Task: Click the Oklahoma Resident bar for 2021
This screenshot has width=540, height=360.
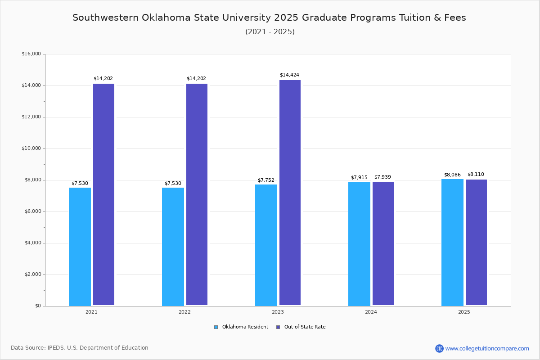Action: click(x=80, y=247)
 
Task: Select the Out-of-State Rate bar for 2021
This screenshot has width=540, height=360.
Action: click(x=103, y=194)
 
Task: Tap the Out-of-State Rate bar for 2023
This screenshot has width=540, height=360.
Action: click(x=290, y=193)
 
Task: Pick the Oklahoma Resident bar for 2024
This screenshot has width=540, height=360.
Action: click(x=359, y=243)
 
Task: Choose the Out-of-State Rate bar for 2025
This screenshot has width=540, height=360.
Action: click(x=476, y=243)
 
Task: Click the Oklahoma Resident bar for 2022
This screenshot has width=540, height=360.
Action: click(x=173, y=247)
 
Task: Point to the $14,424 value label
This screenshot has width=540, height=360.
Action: click(x=289, y=75)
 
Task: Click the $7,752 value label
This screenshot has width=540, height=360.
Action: click(x=266, y=180)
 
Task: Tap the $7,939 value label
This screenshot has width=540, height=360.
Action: click(x=382, y=177)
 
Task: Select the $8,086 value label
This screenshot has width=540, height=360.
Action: click(x=452, y=175)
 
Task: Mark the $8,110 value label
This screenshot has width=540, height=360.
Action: click(x=476, y=175)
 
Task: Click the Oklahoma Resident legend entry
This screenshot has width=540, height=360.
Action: click(x=241, y=327)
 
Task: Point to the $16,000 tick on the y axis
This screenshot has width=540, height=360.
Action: click(x=31, y=54)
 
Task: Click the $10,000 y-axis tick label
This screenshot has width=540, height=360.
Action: click(x=31, y=148)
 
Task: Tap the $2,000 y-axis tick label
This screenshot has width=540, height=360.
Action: click(x=32, y=274)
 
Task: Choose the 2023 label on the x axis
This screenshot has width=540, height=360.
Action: click(x=278, y=312)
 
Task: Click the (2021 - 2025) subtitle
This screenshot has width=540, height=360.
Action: click(x=270, y=31)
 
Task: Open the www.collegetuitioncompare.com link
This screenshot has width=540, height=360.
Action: click(x=487, y=348)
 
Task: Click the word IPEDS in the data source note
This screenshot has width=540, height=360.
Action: click(x=56, y=348)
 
